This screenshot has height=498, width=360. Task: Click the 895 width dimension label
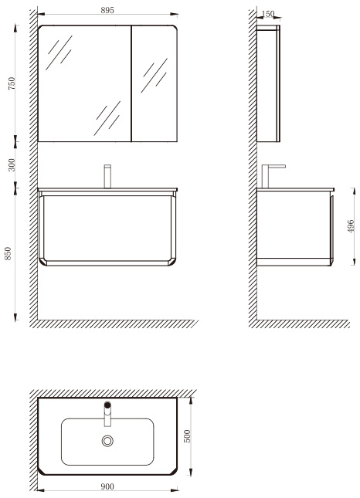tap(107, 10)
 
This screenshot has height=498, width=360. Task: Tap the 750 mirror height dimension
tap(12, 83)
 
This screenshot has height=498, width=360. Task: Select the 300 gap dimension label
tap(12, 164)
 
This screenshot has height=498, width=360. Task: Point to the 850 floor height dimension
tap(8, 253)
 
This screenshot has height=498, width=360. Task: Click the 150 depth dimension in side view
tap(268, 14)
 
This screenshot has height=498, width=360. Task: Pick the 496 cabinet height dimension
tap(351, 226)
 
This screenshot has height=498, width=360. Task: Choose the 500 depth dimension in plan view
tap(187, 436)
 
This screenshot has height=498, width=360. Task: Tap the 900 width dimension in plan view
tap(107, 486)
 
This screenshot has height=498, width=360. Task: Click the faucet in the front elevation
tap(107, 176)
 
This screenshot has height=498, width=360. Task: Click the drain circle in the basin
tap(107, 441)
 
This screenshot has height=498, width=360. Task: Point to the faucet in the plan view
tap(107, 414)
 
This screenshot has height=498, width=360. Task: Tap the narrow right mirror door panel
tap(155, 83)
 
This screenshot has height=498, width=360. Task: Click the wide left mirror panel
tap(84, 83)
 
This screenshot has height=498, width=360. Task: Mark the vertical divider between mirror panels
tap(131, 83)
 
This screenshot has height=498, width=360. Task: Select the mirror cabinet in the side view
tap(268, 83)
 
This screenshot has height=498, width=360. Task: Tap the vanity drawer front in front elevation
tap(107, 229)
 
